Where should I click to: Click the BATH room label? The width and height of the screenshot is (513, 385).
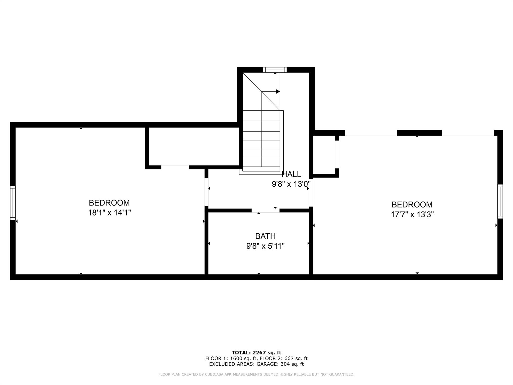(x=265, y=236)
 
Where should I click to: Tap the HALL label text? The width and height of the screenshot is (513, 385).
(x=291, y=174)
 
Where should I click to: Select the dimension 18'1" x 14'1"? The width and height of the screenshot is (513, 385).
(x=109, y=213)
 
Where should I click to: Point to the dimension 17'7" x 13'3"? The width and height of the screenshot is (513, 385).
(x=412, y=215)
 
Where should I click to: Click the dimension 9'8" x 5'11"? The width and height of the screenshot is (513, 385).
(x=265, y=246)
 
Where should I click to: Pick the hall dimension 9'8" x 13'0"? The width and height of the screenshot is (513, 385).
(x=291, y=184)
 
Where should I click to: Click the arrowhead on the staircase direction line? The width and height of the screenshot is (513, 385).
(x=278, y=91)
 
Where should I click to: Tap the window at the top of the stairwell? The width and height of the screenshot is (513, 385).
(x=275, y=70)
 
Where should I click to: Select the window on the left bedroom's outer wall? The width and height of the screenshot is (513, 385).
(x=13, y=203)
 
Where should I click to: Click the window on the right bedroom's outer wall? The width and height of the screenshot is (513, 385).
(x=500, y=201)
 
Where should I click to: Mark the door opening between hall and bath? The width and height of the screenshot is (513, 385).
(x=266, y=210)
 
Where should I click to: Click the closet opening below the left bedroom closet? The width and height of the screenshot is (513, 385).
(x=175, y=167)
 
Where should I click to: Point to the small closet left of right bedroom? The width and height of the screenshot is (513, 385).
(x=324, y=155)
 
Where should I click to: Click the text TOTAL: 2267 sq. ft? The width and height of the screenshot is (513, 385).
(x=256, y=353)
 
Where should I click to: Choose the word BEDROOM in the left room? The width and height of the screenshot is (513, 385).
(x=109, y=203)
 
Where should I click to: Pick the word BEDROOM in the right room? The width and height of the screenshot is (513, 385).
(x=412, y=205)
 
